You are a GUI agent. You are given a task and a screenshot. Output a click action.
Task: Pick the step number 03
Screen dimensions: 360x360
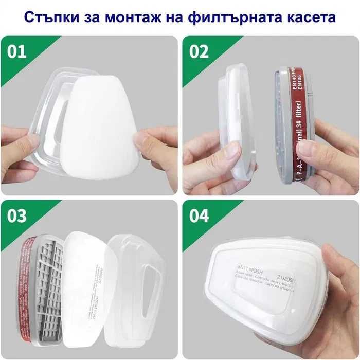16,215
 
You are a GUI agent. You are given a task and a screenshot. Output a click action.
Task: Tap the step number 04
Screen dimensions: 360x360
199,215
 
